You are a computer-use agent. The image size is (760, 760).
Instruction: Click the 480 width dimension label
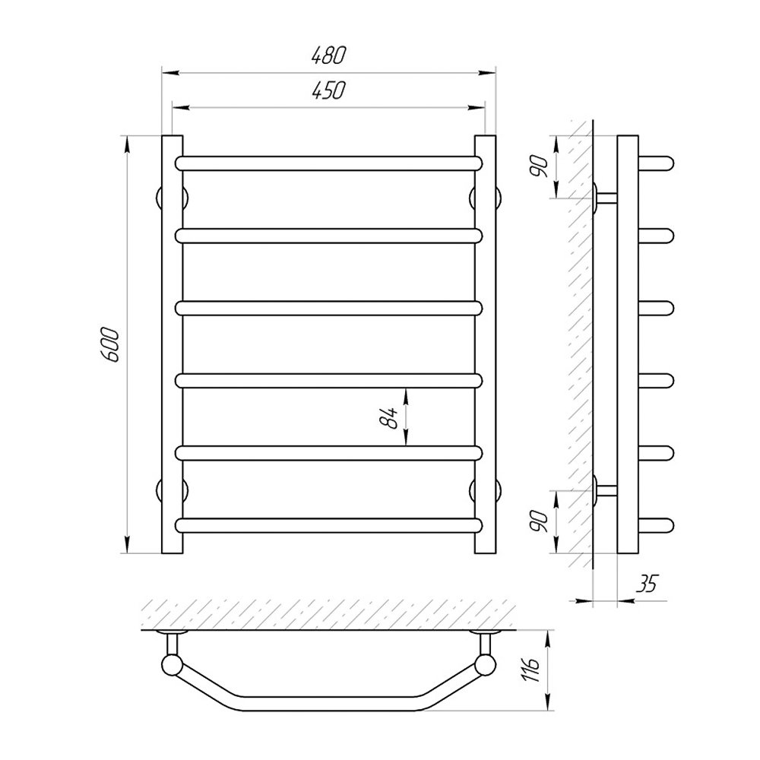(328, 55)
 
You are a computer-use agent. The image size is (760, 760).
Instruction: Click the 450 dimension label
(328, 90)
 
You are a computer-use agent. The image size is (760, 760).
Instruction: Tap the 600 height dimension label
(110, 344)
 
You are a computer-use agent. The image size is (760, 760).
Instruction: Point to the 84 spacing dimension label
(389, 417)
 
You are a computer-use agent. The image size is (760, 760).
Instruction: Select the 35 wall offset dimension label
(647, 584)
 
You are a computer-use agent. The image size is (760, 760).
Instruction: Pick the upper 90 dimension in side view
(540, 166)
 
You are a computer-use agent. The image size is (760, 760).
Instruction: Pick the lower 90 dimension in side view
(540, 521)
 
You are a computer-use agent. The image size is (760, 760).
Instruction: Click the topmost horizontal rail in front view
(329, 163)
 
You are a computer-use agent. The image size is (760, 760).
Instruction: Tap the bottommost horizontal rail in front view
(329, 525)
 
